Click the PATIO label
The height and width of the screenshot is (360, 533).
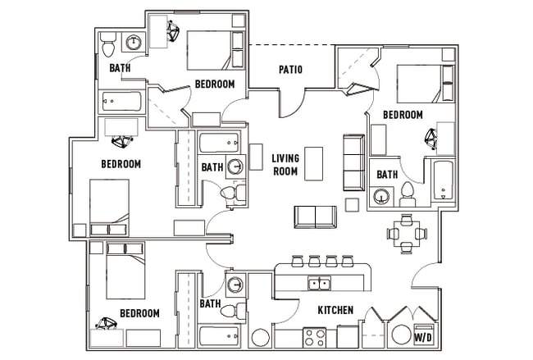pos(290,70)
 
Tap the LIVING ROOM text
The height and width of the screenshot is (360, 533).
pos(285,165)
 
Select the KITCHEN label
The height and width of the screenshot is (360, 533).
pos(335,310)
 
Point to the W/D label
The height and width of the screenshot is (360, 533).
pos(423,337)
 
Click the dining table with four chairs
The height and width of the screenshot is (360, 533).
pos(407,233)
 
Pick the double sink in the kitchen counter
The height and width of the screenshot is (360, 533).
pos(319,285)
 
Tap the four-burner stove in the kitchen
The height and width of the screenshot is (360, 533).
pos(315,336)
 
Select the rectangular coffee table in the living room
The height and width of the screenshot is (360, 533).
pos(313,163)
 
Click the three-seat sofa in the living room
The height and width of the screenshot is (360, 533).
pos(353,162)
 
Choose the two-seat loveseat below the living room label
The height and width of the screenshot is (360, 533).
pos(315,217)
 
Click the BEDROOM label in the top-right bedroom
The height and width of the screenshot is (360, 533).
pos(403,115)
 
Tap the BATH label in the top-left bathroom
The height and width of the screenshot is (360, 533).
pos(120,68)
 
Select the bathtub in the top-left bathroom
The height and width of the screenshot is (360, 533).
pos(122,102)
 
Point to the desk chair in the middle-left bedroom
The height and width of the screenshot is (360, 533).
pos(125,141)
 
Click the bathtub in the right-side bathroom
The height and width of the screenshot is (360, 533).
pos(443,180)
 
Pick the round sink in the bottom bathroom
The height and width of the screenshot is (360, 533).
pos(235,285)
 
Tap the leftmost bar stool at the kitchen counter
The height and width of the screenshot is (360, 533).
pos(297,262)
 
